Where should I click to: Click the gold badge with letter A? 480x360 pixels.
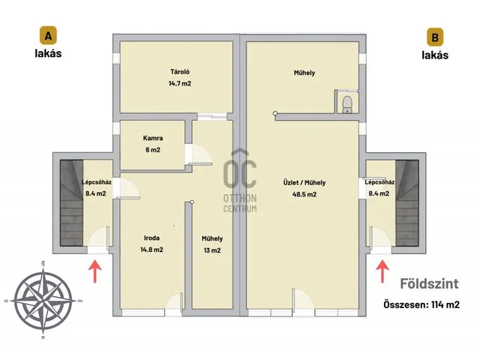[48, 35]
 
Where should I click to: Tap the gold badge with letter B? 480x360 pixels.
[435, 37]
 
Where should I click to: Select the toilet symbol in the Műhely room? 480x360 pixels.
[347, 104]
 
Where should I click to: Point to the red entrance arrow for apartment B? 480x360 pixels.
[382, 271]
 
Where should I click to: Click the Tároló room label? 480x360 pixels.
[180, 72]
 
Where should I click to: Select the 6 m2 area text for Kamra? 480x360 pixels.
[153, 150]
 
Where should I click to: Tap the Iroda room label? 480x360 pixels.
[151, 238]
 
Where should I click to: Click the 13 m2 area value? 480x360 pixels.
[212, 250]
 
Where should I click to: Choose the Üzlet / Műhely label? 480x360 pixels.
[304, 183]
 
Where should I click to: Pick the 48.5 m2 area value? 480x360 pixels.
[304, 194]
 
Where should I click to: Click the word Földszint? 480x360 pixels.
[429, 283]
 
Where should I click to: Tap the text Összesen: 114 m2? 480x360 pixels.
[421, 304]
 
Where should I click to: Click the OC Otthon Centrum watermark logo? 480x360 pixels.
[240, 181]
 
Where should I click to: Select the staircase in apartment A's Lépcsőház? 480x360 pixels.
[72, 202]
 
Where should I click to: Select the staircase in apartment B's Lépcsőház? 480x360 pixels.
[406, 202]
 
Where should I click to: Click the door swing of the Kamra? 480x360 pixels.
[198, 154]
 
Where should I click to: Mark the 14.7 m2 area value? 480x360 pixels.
[180, 83]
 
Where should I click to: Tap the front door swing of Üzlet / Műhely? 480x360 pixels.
[303, 298]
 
